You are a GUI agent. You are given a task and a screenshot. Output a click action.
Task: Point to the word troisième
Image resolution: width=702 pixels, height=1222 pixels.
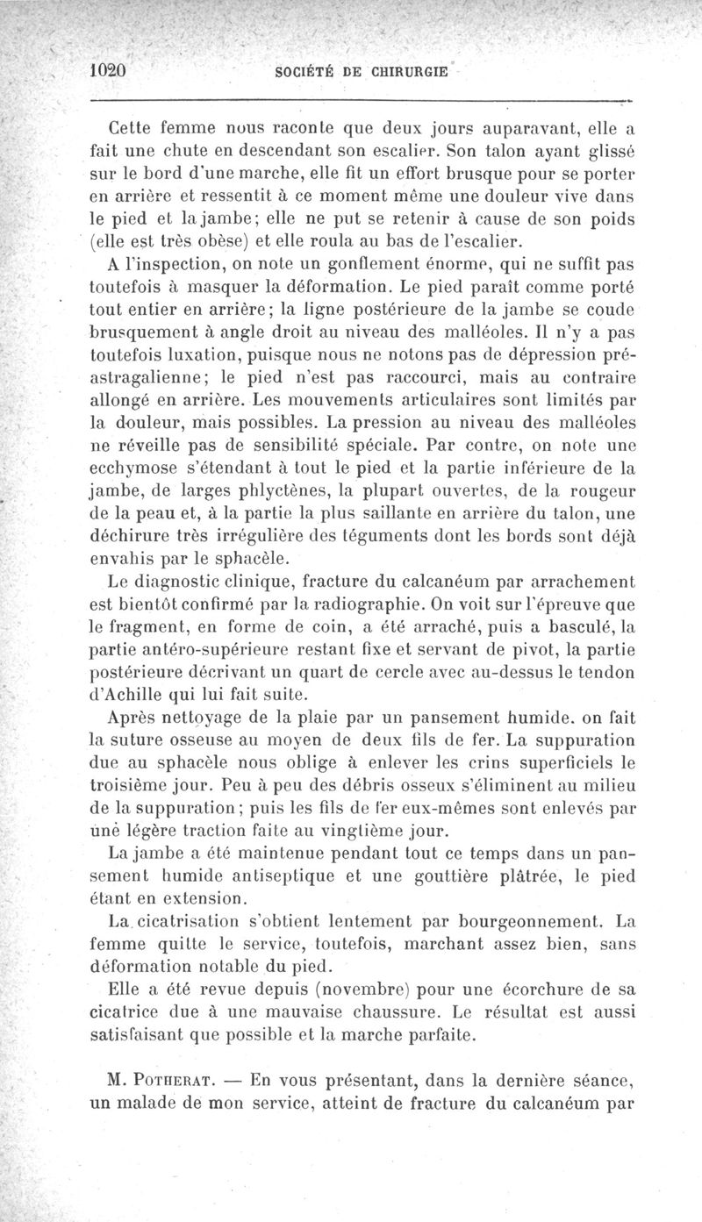point(140,784)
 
